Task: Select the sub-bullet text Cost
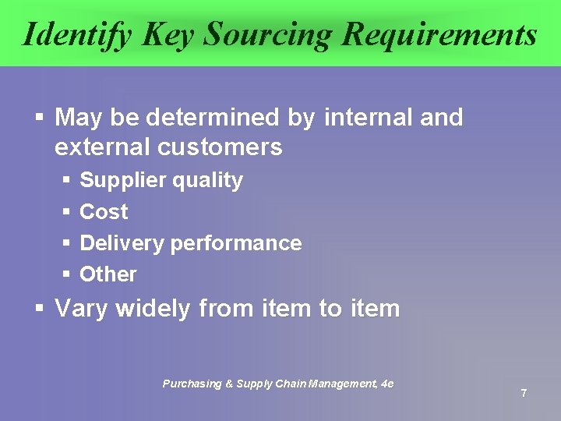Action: point(104,212)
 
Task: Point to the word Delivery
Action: point(122,243)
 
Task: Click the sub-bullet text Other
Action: point(108,274)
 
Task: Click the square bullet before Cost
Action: point(66,212)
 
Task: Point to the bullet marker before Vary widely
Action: point(39,309)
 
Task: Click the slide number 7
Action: point(524,393)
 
